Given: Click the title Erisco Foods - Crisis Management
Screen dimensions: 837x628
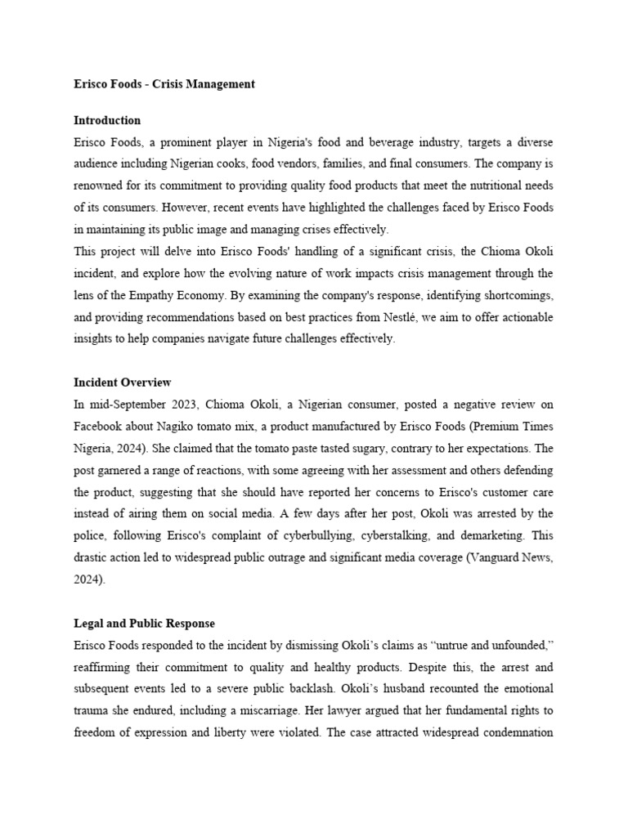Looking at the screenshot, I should pos(164,84).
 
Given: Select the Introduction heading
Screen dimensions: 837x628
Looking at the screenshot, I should pos(107,120).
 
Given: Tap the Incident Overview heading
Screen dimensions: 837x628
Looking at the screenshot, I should pos(122,382).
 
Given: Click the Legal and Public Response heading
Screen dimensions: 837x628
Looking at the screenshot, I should pos(144,624).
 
